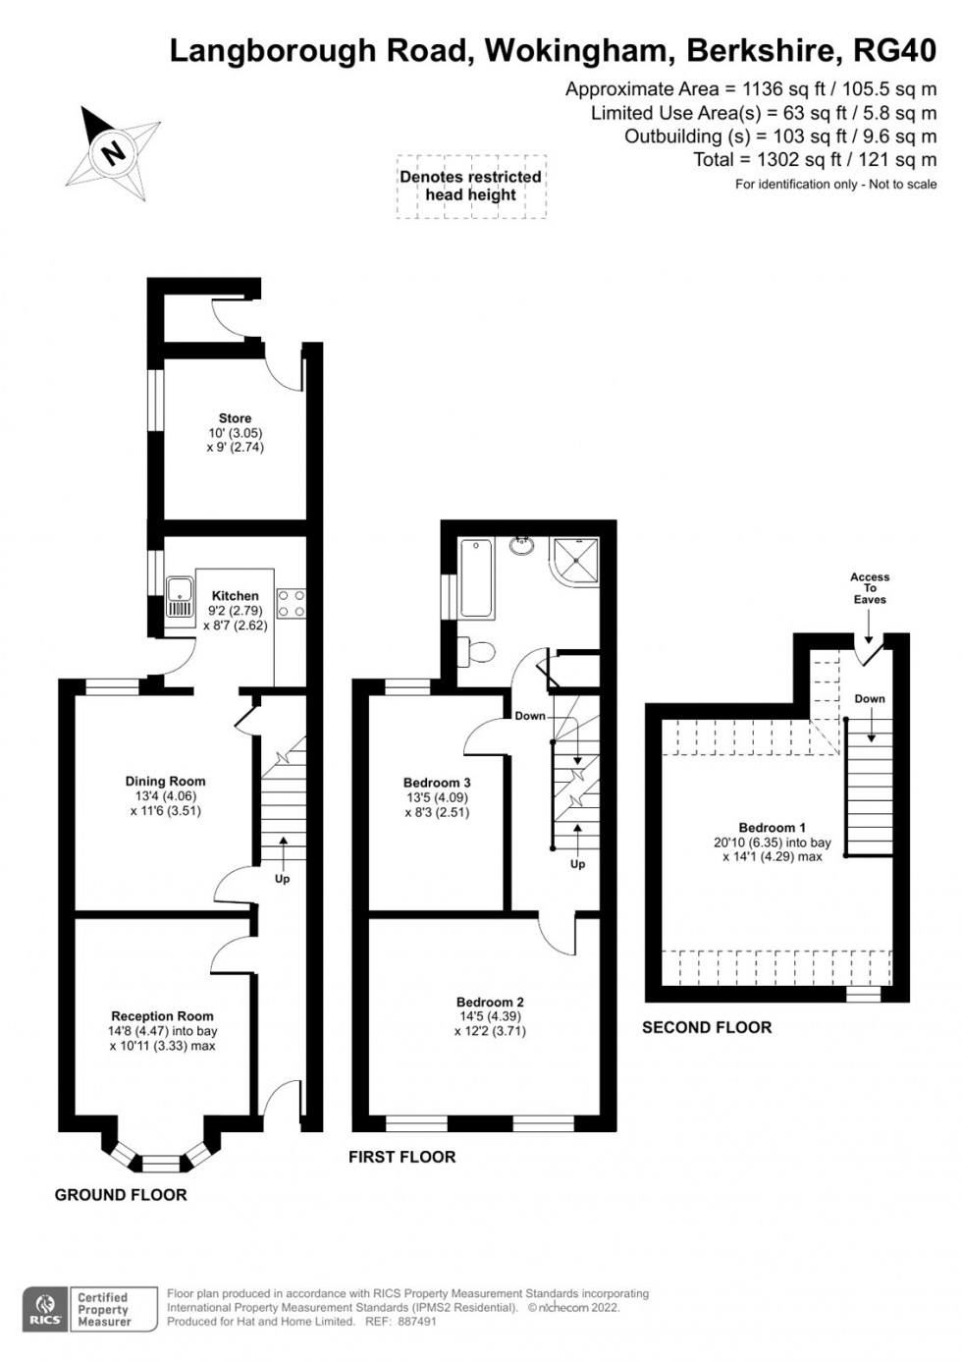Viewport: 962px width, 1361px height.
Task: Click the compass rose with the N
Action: point(114,153)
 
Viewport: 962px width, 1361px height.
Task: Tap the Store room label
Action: point(235,418)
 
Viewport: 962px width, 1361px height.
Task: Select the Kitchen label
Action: point(236,596)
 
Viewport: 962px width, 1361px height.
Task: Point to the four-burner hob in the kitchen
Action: point(292,603)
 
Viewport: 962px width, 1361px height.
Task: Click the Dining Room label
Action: point(165,782)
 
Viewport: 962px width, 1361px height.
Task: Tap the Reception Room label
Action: point(162,1016)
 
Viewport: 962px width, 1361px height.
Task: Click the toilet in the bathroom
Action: point(477,650)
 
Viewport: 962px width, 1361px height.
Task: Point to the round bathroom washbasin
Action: point(523,545)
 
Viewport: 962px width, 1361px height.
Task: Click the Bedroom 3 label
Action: point(437,783)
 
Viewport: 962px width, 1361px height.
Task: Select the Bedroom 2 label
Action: point(490,1003)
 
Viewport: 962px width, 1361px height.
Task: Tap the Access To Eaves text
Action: point(870,588)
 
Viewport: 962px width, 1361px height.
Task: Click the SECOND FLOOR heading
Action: point(707,1027)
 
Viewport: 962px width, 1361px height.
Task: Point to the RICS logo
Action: point(45,1309)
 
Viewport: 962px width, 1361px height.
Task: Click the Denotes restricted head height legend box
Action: point(471,186)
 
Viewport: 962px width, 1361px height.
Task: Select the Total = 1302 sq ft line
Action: point(816,160)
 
